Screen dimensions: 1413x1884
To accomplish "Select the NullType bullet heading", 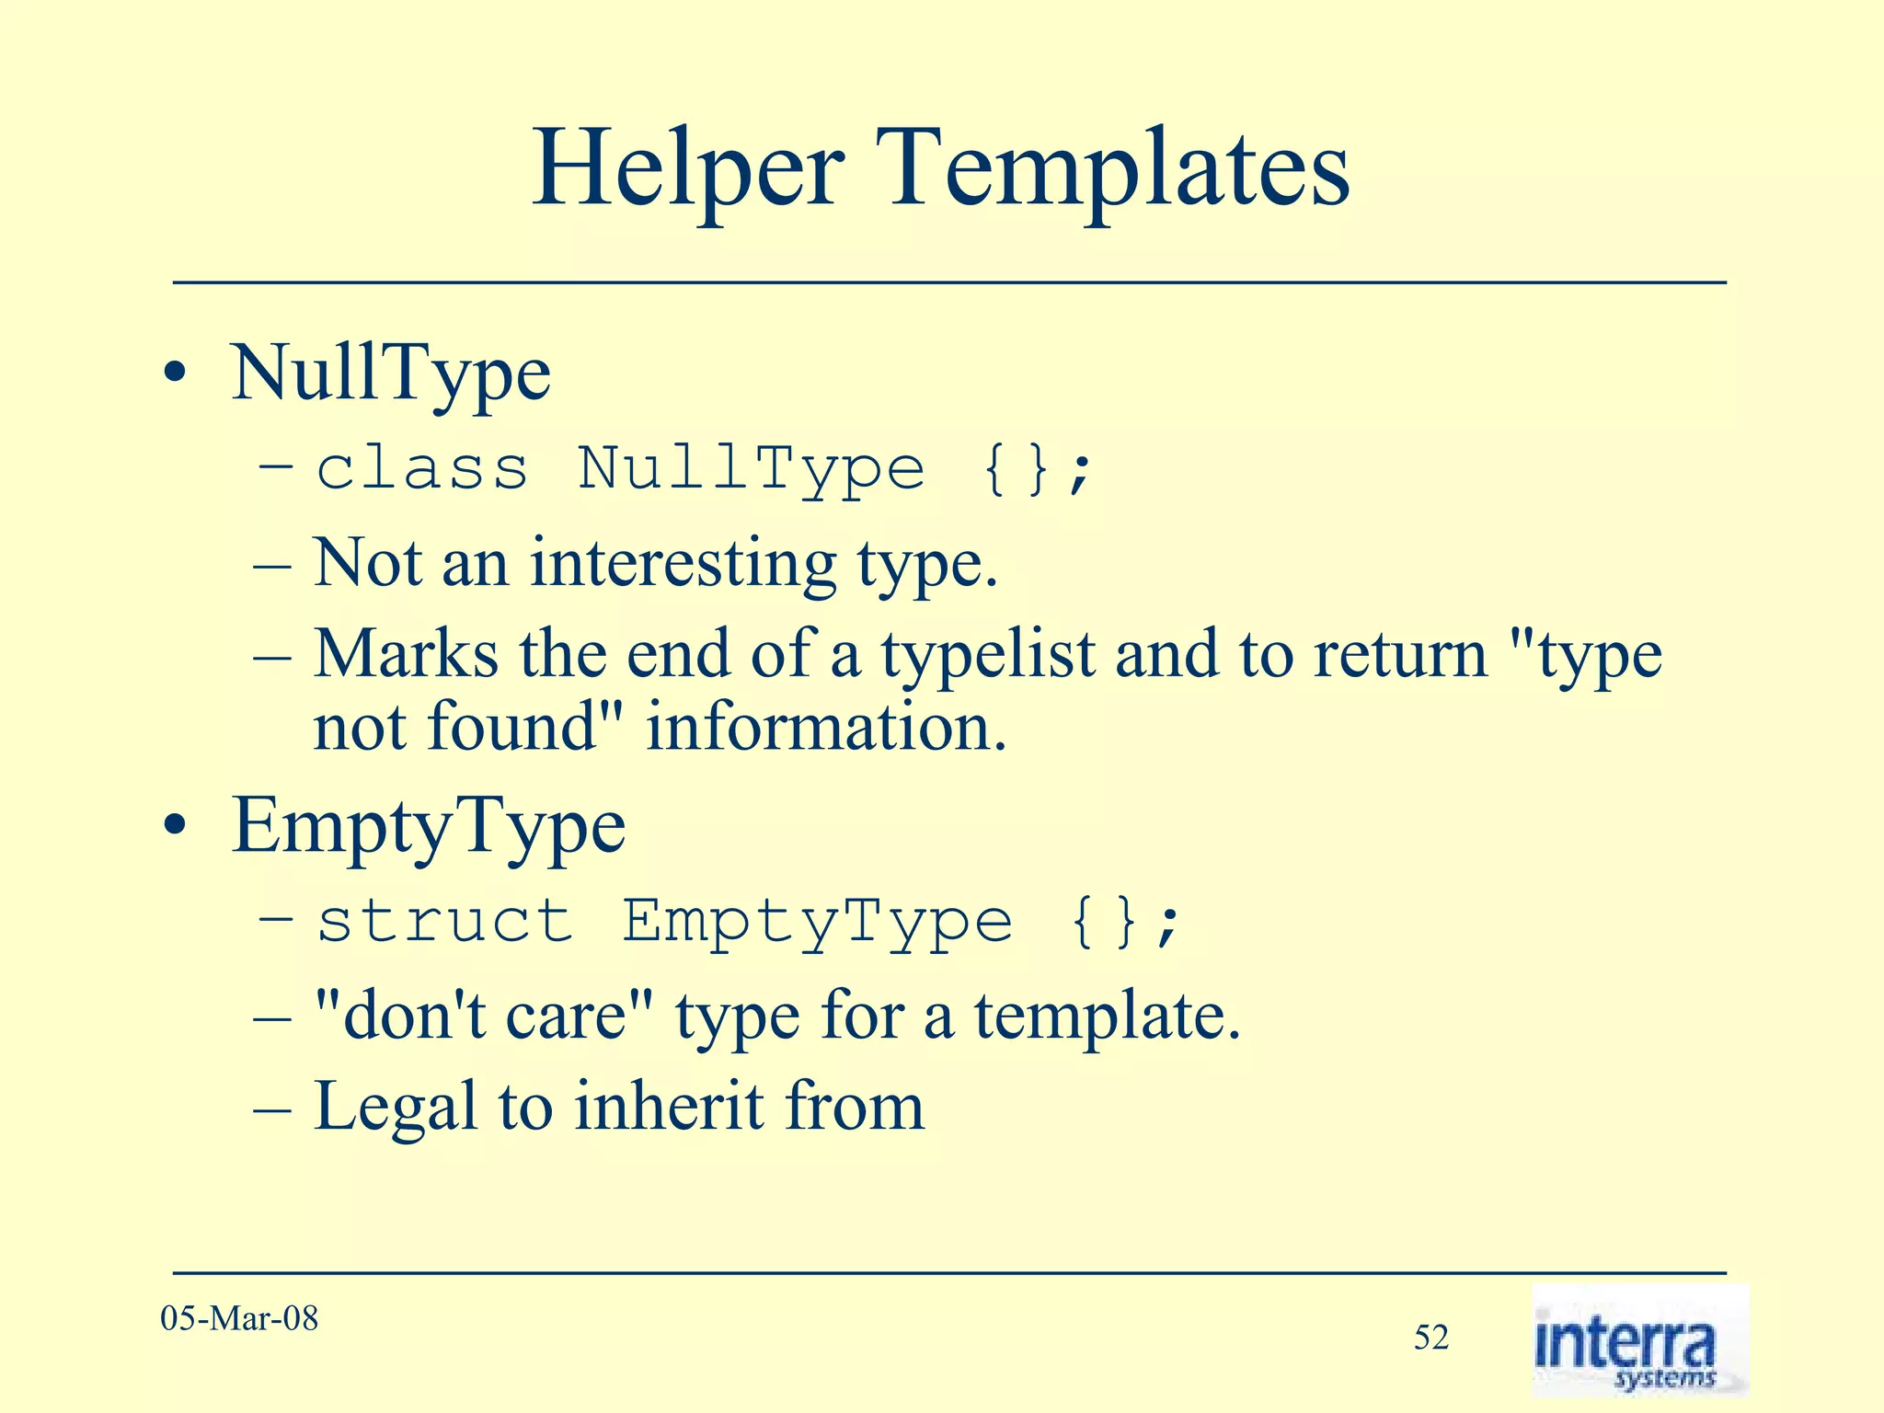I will pyautogui.click(x=391, y=373).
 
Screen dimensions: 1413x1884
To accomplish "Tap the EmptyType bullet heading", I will pyautogui.click(x=429, y=826).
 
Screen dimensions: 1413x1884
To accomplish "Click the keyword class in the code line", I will pyautogui.click(x=422, y=468).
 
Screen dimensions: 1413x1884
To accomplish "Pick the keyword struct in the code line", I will pyautogui.click(x=445, y=921).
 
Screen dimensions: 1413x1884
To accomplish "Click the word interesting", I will pyautogui.click(x=683, y=563).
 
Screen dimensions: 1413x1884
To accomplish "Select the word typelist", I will pyautogui.click(x=989, y=655).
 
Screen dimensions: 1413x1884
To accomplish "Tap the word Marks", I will pyautogui.click(x=406, y=655).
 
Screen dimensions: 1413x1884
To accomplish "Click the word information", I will pyautogui.click(x=826, y=728).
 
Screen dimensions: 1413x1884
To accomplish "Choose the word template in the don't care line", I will pyautogui.click(x=1107, y=1017).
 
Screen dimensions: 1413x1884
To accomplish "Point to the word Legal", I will pyautogui.click(x=396, y=1108).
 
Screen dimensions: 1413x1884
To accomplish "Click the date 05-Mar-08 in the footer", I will pyautogui.click(x=239, y=1318).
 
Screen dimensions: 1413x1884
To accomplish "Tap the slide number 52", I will pyautogui.click(x=1431, y=1338).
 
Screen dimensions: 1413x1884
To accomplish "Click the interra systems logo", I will pyautogui.click(x=1639, y=1341).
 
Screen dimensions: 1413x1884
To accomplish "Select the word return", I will pyautogui.click(x=1400, y=655).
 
